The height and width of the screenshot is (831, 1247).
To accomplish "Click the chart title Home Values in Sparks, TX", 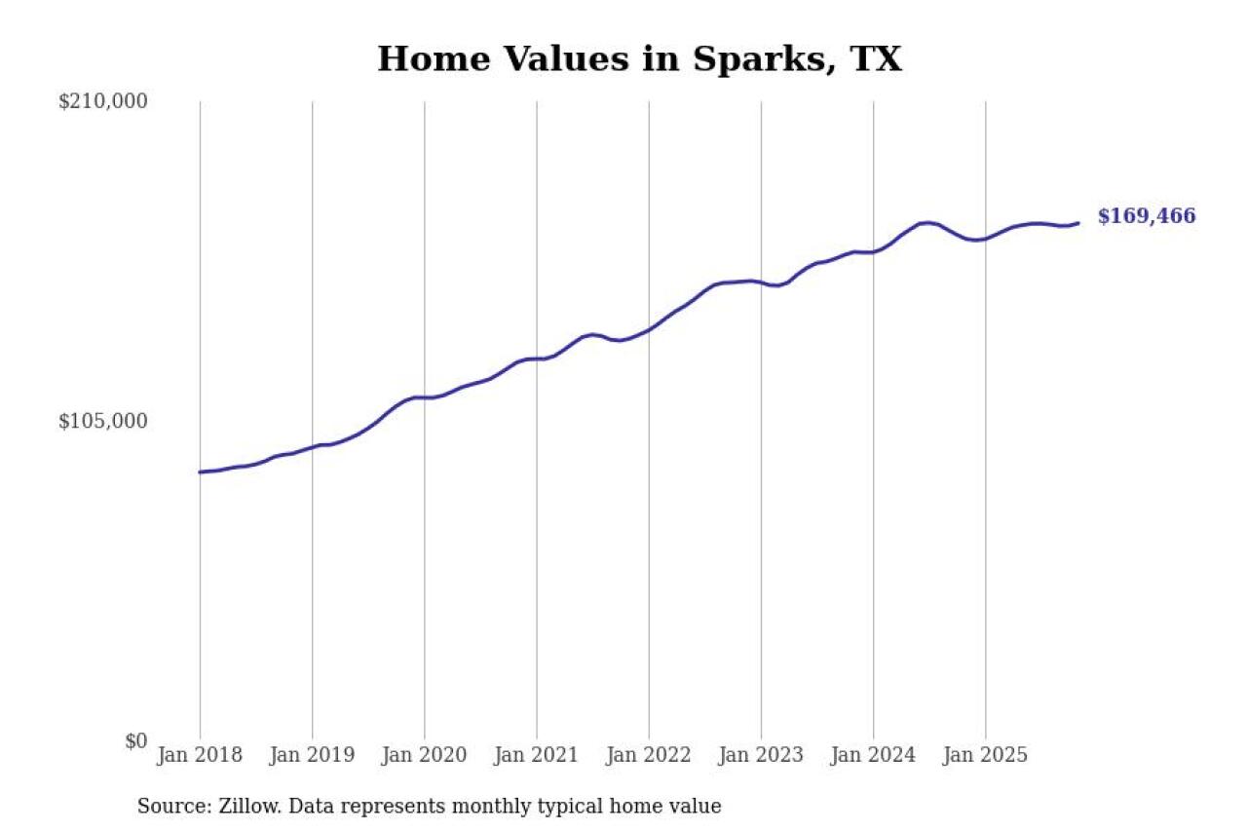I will pyautogui.click(x=639, y=59).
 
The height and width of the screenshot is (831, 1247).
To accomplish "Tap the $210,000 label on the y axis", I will pyautogui.click(x=102, y=101).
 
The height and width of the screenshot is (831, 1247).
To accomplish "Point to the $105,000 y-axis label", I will pyautogui.click(x=102, y=421).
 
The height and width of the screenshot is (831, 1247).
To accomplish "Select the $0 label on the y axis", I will pyautogui.click(x=135, y=741).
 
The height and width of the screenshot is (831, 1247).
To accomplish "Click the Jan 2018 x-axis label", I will pyautogui.click(x=200, y=756).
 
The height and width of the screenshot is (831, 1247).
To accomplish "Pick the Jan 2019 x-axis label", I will pyautogui.click(x=312, y=756).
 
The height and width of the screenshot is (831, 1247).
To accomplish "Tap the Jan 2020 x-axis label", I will pyautogui.click(x=424, y=756).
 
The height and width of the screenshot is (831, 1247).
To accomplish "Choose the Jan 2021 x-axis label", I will pyautogui.click(x=536, y=756).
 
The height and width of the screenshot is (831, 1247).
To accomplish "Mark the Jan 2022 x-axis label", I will pyautogui.click(x=649, y=756).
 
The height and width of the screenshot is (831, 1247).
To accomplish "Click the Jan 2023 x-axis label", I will pyautogui.click(x=761, y=756).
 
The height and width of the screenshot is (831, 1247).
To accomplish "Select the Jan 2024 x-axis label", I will pyautogui.click(x=873, y=756).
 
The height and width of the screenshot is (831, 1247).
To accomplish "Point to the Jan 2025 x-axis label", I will pyautogui.click(x=985, y=756).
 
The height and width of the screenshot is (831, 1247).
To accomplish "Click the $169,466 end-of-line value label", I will pyautogui.click(x=1146, y=216).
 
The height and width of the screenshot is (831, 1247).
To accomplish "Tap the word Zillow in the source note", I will pyautogui.click(x=240, y=807).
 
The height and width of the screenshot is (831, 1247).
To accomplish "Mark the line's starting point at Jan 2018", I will pyautogui.click(x=201, y=472).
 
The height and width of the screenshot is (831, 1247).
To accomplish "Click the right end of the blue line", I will pyautogui.click(x=1077, y=223).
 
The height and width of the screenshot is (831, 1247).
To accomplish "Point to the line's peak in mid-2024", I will pyautogui.click(x=927, y=223).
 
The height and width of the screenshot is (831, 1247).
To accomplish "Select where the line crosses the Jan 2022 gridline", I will pyautogui.click(x=649, y=329).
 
